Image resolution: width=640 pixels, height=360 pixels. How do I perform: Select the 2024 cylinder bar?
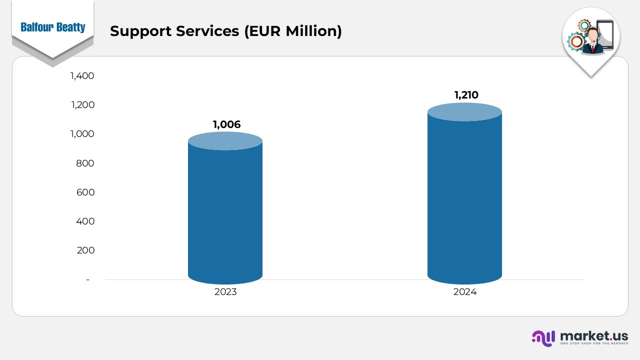coord(464,200)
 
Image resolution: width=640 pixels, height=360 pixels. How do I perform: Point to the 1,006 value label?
coord(226,124)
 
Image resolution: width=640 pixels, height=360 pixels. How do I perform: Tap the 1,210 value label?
coord(466,95)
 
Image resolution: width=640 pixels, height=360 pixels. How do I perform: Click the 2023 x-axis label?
coord(225,292)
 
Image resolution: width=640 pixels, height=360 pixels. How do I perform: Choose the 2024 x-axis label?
coord(465,292)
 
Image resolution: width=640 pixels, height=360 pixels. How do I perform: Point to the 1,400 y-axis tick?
coord(82,76)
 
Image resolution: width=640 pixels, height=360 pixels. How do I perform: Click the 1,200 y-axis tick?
coord(82,105)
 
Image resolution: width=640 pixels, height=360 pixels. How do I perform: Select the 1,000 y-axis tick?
coord(82,134)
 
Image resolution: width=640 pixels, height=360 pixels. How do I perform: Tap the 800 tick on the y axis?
coord(85,163)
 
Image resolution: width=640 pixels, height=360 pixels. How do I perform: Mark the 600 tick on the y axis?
coord(85,192)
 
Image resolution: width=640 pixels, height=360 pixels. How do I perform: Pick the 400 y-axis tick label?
coord(85,221)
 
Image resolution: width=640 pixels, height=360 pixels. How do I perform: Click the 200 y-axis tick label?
coord(85,250)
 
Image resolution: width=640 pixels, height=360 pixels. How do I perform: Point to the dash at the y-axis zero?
coord(88,279)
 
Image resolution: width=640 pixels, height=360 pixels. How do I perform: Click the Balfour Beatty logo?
coord(53,27)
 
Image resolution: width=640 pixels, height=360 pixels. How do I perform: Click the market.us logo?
coord(580,337)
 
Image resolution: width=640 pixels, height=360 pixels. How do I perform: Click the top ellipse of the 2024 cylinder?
coord(464,112)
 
